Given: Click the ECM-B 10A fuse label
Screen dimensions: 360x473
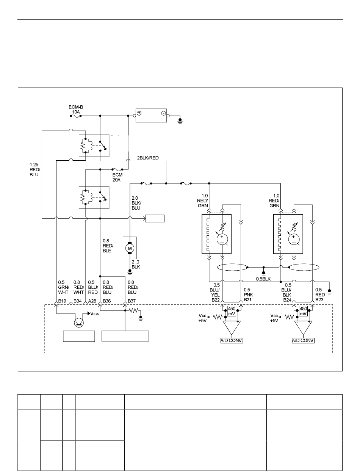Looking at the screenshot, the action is tap(76, 110).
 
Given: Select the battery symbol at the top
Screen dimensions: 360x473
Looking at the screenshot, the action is tap(151, 116).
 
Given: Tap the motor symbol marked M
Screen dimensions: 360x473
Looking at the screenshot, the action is tap(130, 248).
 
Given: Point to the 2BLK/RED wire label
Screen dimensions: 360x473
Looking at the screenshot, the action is tap(148, 158).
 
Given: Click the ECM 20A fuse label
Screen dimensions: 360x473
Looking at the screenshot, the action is tap(117, 177).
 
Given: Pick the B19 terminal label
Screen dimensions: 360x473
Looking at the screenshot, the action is tap(62, 301).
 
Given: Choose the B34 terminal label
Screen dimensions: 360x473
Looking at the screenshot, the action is tap(78, 301).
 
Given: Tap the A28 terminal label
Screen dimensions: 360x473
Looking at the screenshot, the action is tap(92, 301).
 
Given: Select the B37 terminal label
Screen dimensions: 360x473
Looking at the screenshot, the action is tap(132, 301).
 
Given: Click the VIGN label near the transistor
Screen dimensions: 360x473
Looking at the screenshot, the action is tap(95, 314).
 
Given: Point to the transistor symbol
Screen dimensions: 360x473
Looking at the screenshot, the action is tap(79, 323).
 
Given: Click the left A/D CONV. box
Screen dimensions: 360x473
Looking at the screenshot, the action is tap(232, 340).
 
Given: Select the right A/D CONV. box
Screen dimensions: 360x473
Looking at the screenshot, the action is tap(303, 340).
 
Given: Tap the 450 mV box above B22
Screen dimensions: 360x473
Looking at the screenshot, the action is tap(232, 311).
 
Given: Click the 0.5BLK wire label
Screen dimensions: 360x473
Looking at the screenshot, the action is tap(263, 279).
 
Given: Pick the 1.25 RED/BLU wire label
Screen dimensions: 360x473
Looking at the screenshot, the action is tap(35, 169).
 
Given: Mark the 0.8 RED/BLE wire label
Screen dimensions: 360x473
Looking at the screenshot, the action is tap(108, 246).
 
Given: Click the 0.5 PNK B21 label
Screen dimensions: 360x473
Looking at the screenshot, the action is tap(248, 294).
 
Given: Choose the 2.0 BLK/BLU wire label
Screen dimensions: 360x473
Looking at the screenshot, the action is tap(136, 203).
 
